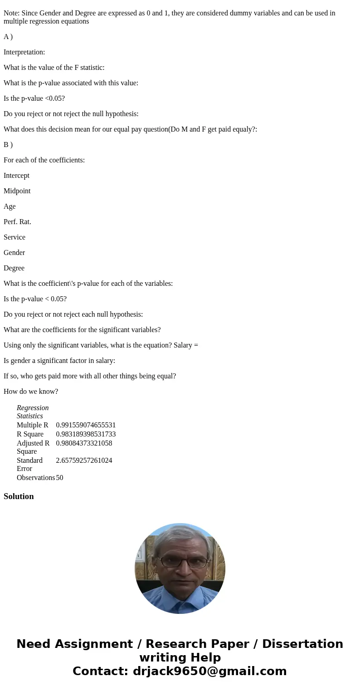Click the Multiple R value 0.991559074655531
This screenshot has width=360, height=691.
86,425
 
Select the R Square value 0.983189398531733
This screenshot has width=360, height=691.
86,434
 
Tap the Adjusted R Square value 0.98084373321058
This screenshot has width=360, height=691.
84,443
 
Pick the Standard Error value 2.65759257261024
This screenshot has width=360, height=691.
84,461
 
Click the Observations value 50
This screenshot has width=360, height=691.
59,478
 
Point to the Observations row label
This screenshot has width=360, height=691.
35,478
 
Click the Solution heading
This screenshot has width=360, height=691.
19,496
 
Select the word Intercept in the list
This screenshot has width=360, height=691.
16,176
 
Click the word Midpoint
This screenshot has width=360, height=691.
17,191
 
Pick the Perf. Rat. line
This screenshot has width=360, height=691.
17,222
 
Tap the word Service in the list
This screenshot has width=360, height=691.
15,237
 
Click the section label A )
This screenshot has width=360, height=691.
8,37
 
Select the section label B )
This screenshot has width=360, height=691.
8,145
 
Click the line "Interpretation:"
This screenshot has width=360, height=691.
24,52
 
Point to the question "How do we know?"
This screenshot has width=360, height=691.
31,392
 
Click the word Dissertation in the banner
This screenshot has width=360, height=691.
302,644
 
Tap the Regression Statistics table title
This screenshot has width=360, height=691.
33,412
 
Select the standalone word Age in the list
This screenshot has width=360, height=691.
10,206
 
